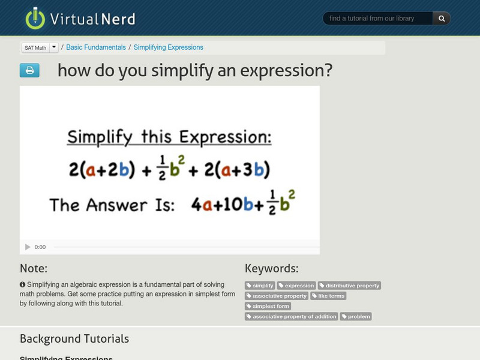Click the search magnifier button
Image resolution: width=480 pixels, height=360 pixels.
[x=442, y=19]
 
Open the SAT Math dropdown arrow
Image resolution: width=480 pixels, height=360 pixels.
[x=54, y=47]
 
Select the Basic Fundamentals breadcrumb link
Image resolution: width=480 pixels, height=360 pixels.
[x=96, y=47]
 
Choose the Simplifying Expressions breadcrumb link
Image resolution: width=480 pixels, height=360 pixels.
[x=168, y=47]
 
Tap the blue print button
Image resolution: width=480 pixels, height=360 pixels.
[x=29, y=71]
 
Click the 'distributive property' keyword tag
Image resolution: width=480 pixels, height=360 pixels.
[x=349, y=286]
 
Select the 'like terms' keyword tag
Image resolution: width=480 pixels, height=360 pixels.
[x=328, y=296]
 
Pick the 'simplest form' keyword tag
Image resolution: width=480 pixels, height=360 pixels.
[x=268, y=306]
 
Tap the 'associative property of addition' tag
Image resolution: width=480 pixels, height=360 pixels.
[x=292, y=316]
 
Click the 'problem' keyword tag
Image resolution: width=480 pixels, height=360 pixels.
[x=356, y=316]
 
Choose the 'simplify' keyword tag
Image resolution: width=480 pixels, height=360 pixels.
[x=260, y=286]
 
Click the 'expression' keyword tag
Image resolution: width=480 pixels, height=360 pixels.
[x=296, y=286]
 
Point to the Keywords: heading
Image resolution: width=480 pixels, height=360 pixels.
[x=271, y=268]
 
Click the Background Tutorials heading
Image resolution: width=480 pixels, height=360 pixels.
[x=74, y=338]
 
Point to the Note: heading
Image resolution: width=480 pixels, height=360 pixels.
[x=34, y=268]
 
